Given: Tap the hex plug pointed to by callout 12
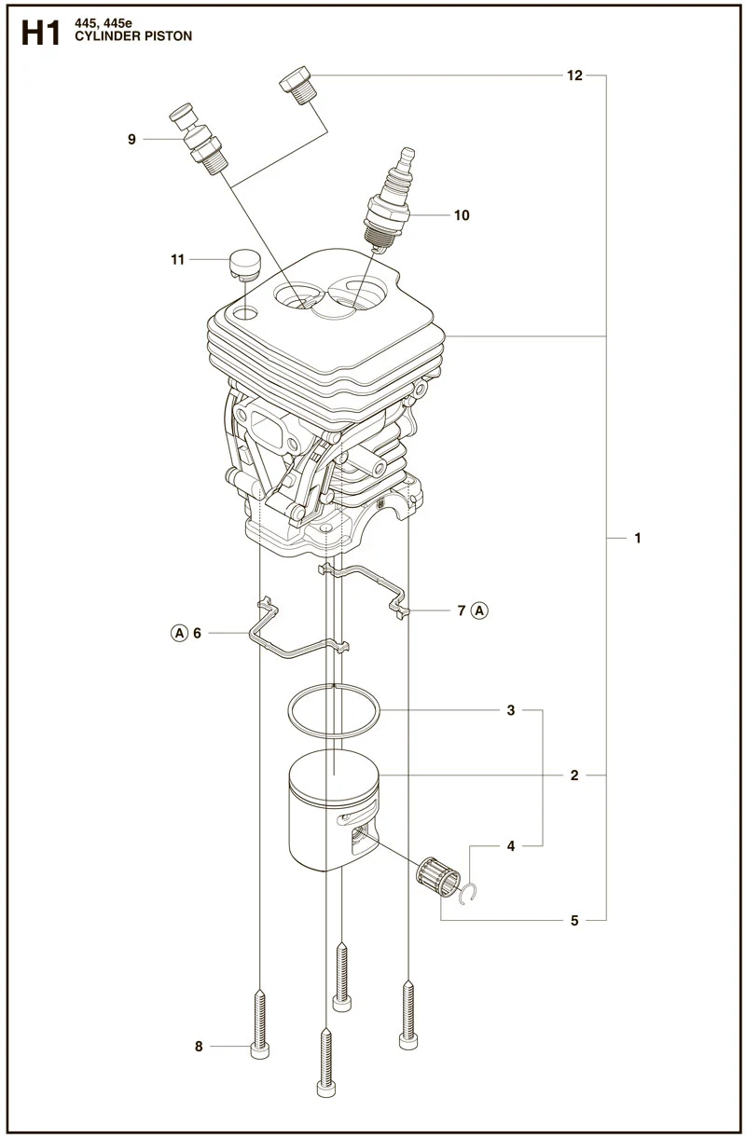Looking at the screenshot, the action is pyautogui.click(x=298, y=85).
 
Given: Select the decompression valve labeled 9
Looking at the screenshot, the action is pyautogui.click(x=199, y=139).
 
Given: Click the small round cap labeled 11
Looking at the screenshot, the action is pyautogui.click(x=245, y=264).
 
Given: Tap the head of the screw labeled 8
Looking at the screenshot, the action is pyautogui.click(x=259, y=1050).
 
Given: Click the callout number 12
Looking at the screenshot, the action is pyautogui.click(x=574, y=75).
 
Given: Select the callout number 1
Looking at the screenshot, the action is pyautogui.click(x=637, y=538).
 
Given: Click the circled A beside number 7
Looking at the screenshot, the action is pyautogui.click(x=479, y=610).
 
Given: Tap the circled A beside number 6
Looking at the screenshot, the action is pyautogui.click(x=179, y=633).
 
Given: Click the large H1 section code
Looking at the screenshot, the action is pyautogui.click(x=41, y=34).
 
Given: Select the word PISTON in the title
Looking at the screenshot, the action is pyautogui.click(x=167, y=36).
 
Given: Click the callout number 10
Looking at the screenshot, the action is pyautogui.click(x=462, y=215).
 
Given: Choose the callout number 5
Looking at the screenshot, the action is pyautogui.click(x=574, y=921).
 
